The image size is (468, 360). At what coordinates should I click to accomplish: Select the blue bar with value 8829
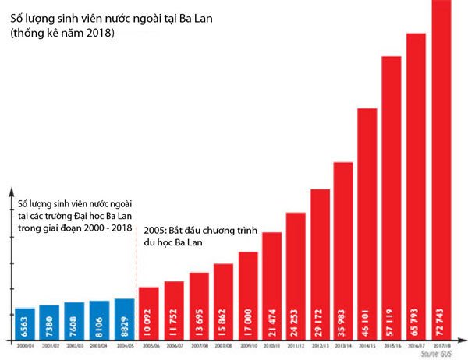(x=125, y=319)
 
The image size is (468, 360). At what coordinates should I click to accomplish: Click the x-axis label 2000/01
(x=25, y=344)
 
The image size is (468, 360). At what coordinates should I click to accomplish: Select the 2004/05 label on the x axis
(x=125, y=344)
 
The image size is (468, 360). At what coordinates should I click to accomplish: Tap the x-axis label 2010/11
(x=272, y=344)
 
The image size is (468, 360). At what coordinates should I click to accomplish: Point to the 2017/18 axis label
(x=441, y=344)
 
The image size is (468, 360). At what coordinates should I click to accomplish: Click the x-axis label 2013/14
(x=344, y=344)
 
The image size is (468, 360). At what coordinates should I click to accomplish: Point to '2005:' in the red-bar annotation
(x=157, y=231)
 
